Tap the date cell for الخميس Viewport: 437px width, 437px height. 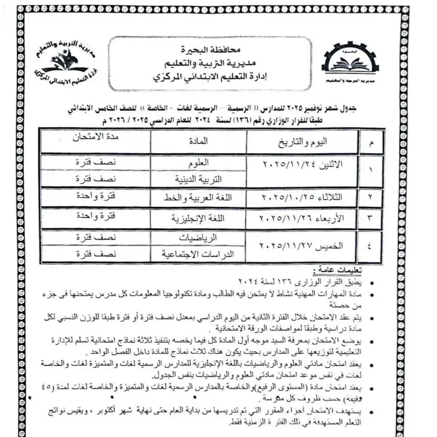point(297,245)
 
